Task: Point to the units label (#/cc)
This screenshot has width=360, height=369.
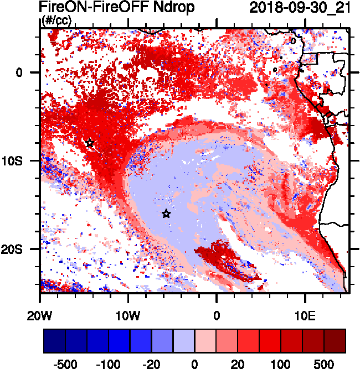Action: point(56,21)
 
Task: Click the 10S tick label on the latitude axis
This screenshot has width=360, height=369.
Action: point(24,161)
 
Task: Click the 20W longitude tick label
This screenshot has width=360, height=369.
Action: point(40,316)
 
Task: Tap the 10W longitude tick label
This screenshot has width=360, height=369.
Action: point(128,316)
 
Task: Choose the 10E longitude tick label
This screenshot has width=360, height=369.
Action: point(305,316)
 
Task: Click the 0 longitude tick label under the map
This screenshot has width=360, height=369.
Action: point(217,316)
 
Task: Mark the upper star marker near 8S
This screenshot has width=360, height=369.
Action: point(90,143)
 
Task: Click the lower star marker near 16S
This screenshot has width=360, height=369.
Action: point(166,214)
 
